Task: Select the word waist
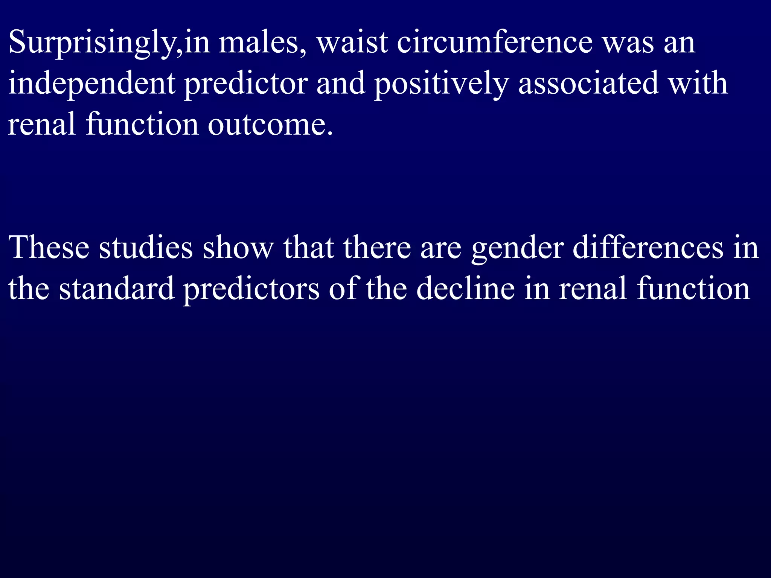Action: click(352, 43)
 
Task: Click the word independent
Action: click(91, 84)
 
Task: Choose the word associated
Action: click(588, 84)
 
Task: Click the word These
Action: click(49, 248)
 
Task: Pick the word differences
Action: click(648, 248)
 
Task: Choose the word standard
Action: click(117, 289)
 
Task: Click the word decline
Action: click(465, 289)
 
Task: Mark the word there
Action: click(377, 248)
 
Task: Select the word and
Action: click(341, 84)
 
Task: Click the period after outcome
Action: click(330, 133)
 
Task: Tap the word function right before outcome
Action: click(142, 125)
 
